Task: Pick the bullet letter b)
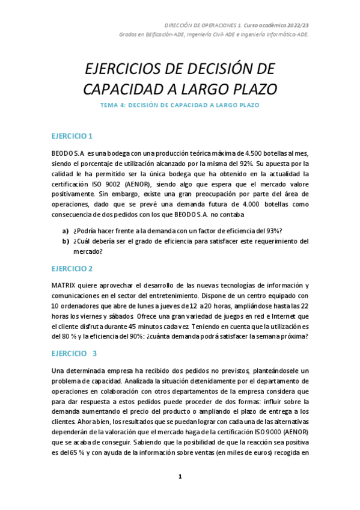[66, 241]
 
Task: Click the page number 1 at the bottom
[180, 476]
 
